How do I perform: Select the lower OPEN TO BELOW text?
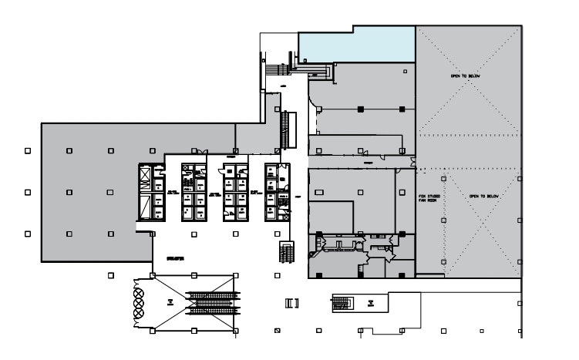[484, 196]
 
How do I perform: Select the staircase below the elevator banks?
[286, 252]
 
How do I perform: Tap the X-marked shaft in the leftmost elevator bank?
[145, 178]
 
